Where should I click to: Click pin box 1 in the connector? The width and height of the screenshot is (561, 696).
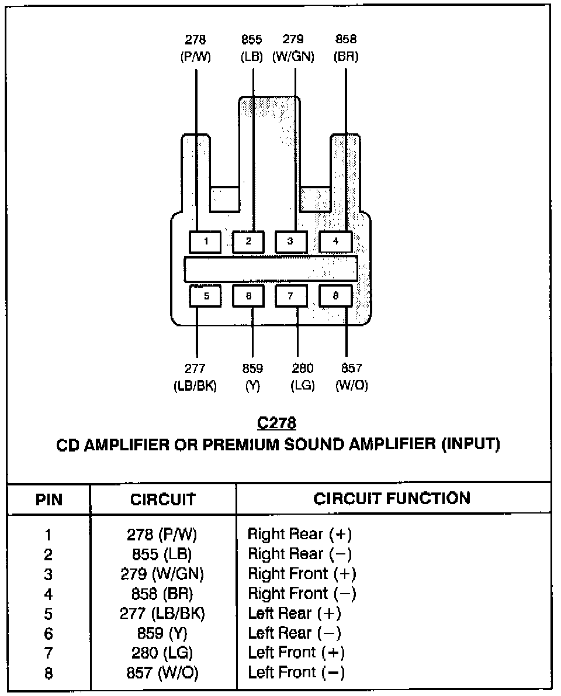(x=205, y=242)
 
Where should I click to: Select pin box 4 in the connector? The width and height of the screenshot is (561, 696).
(x=335, y=242)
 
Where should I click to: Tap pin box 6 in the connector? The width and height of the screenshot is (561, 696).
(x=248, y=296)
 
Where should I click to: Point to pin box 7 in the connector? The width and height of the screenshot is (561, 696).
(x=291, y=296)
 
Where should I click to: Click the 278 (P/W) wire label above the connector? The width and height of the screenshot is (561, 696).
(x=195, y=49)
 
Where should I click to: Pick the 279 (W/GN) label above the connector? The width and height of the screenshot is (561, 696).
(x=293, y=49)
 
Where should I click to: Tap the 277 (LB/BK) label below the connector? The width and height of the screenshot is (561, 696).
(x=195, y=377)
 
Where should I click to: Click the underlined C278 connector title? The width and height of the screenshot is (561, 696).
(x=276, y=423)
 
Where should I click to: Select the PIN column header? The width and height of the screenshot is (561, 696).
(x=49, y=500)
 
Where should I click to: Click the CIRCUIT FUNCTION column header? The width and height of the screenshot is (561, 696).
(x=392, y=499)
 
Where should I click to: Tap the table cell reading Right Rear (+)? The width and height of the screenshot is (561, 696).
(x=300, y=534)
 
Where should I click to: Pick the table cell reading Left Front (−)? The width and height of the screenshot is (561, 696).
(x=296, y=673)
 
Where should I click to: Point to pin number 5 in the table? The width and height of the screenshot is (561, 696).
(x=49, y=614)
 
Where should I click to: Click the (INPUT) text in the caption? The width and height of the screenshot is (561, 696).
(x=470, y=445)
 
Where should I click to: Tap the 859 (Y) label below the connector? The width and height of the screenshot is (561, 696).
(x=252, y=377)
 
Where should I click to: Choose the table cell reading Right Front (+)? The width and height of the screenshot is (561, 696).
(x=302, y=574)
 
